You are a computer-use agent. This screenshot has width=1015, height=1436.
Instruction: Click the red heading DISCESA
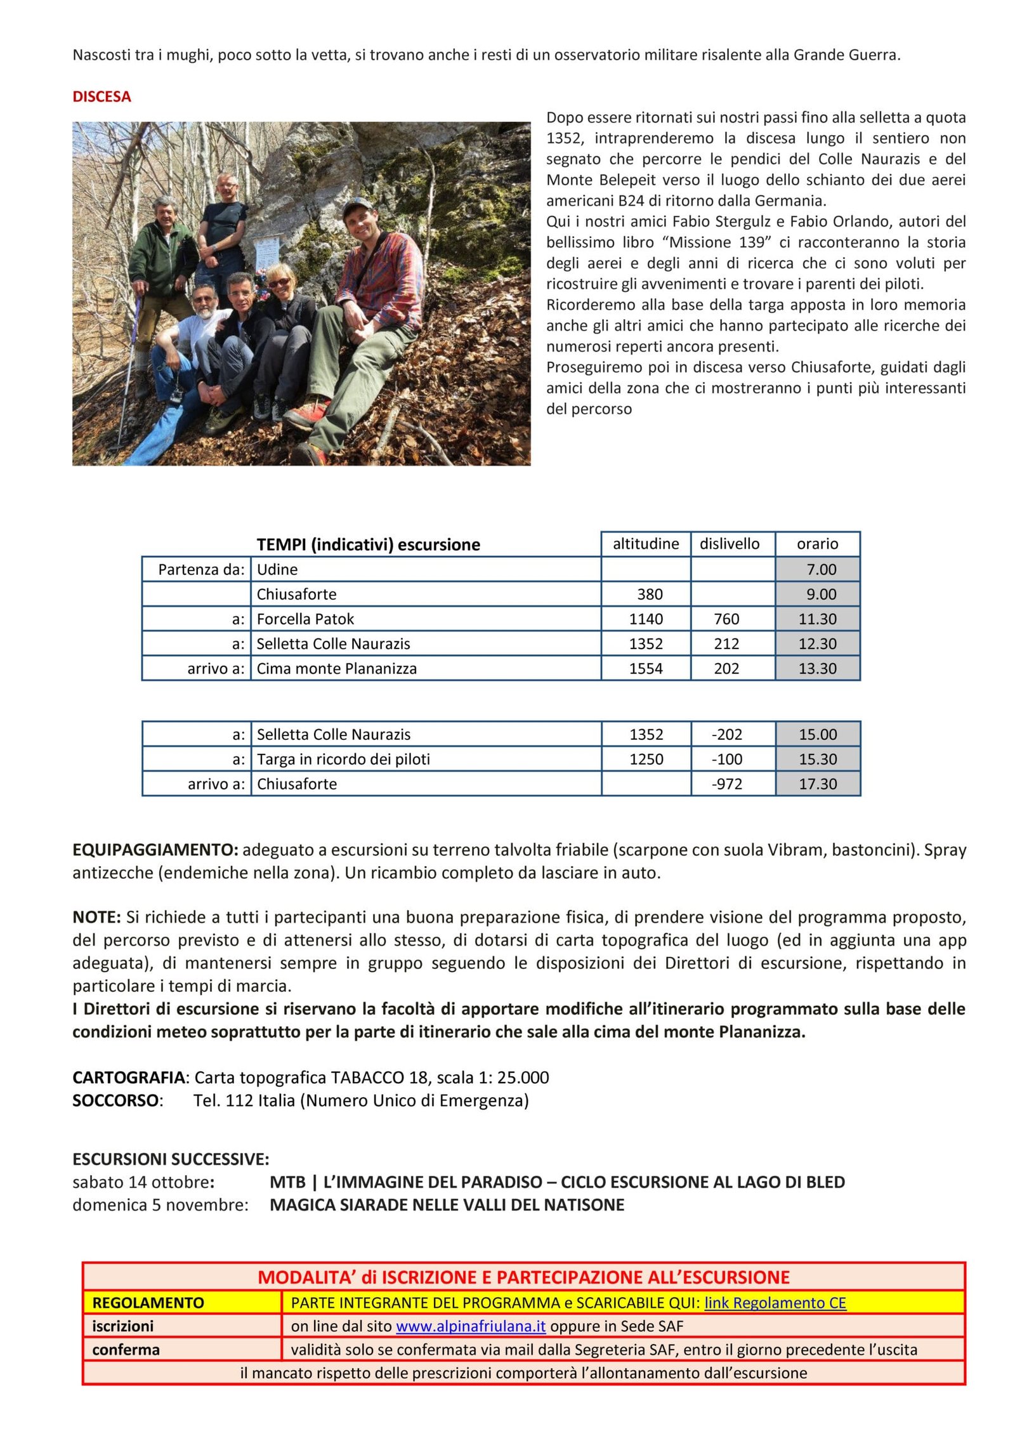101,96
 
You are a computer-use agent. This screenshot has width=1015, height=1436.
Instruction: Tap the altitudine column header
645,544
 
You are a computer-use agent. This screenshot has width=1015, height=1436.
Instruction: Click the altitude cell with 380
649,594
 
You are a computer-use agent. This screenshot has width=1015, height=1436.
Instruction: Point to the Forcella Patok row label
305,619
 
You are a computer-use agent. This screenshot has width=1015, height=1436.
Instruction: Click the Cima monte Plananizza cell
336,668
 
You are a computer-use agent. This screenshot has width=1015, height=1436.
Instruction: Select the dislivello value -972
726,784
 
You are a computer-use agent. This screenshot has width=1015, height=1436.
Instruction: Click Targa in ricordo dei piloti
343,759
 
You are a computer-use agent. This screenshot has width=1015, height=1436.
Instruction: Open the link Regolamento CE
775,1303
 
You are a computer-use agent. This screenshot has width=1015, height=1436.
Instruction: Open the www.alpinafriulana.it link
470,1326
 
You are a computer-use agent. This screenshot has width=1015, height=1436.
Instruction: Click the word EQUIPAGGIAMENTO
155,850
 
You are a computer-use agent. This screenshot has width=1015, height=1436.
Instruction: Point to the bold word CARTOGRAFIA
128,1077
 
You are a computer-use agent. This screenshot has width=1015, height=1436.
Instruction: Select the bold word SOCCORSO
115,1100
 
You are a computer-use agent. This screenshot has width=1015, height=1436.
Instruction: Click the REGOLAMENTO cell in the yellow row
148,1303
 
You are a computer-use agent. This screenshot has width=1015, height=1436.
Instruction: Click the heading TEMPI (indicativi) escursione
368,544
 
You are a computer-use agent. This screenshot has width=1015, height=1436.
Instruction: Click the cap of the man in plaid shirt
357,205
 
